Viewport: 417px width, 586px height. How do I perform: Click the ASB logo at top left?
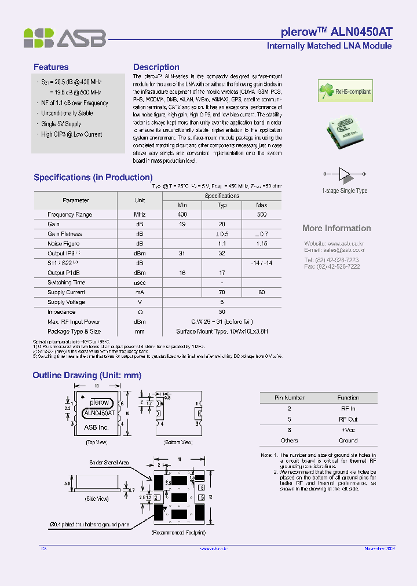[64, 38]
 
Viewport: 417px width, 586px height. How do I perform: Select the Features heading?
[51, 67]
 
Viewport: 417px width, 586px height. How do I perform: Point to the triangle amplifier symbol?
[345, 173]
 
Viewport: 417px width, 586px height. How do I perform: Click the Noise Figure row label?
[64, 244]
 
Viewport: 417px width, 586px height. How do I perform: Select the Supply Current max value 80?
[261, 292]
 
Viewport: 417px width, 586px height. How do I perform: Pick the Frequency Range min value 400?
[182, 214]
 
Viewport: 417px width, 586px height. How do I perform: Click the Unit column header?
[140, 200]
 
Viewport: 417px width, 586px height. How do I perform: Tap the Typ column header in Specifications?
[222, 205]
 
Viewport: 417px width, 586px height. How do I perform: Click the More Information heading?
[336, 228]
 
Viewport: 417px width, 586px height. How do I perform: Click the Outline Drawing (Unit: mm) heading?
[87, 375]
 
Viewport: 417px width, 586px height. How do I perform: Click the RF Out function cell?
[348, 419]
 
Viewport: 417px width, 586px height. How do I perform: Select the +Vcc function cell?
[348, 430]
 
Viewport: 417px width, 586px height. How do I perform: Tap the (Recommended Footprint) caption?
[178, 532]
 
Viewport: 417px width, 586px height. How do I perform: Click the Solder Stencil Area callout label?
[109, 463]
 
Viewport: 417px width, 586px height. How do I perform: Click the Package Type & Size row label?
[74, 332]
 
